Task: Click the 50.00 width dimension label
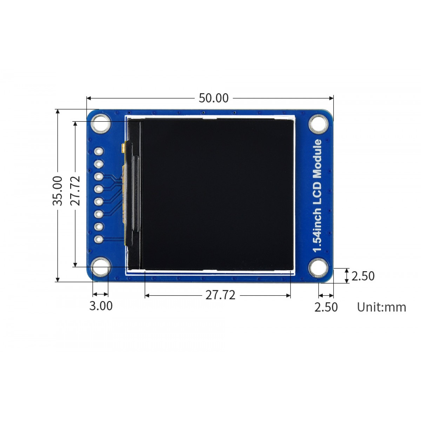coord(213,98)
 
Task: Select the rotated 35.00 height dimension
coord(58,191)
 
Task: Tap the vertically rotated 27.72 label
coord(75,191)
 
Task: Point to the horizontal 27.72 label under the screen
coord(220,295)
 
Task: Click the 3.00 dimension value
coord(101,306)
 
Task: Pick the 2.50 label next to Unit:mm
coord(326,307)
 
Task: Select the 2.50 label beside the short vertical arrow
coord(363,276)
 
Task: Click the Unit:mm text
coord(381,307)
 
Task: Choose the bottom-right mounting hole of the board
coord(319,268)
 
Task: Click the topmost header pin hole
coord(99,152)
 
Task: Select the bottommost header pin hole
coord(99,239)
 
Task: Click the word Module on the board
coord(318,158)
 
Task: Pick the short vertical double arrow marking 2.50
coord(347,276)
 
